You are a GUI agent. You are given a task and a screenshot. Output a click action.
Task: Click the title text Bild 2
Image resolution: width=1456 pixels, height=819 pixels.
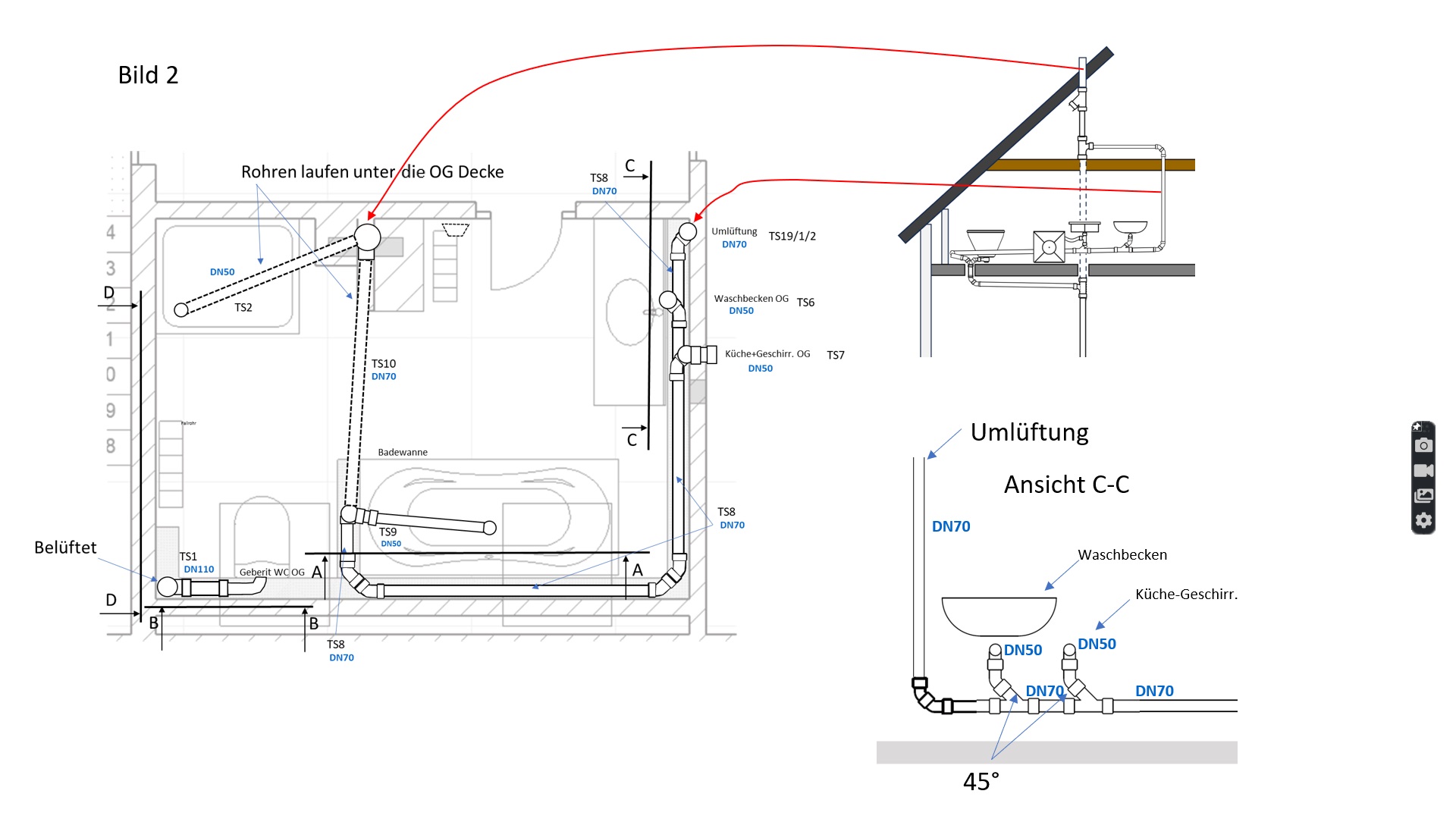pos(148,75)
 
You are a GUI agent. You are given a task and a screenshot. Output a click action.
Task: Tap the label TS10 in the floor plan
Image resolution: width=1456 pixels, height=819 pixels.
pos(384,364)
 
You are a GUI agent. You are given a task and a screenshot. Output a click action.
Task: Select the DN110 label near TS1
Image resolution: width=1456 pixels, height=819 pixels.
pos(199,570)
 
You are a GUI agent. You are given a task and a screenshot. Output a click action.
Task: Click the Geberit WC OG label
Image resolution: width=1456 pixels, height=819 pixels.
pos(271,573)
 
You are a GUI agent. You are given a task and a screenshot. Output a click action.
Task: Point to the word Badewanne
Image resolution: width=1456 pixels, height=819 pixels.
pos(403,453)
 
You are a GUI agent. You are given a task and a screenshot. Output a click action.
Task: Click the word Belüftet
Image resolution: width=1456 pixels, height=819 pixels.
pos(65,548)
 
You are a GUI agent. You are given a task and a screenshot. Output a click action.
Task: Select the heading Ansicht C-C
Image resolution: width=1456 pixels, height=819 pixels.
pos(1066,485)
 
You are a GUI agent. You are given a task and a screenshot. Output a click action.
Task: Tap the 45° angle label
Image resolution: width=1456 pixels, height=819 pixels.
pos(981,782)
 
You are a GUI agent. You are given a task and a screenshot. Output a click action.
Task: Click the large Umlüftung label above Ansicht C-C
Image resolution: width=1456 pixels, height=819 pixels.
pos(1029,432)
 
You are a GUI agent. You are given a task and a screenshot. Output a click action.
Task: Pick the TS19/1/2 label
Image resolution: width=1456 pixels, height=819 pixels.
pos(792,237)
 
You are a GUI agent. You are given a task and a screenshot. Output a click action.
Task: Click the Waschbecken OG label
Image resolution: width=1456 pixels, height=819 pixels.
pos(751,299)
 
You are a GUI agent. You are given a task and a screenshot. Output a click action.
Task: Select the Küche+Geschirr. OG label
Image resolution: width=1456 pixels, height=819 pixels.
pos(767,354)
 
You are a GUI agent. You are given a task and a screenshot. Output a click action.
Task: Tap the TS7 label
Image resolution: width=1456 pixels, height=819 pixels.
pos(836,356)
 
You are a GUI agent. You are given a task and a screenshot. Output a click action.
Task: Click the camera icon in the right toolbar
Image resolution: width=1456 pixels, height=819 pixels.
pos(1423,445)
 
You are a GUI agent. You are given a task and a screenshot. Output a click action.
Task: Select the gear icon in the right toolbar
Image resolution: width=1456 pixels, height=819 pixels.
pos(1423,520)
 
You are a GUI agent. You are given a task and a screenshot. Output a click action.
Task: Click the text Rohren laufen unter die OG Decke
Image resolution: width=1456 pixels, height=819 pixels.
pos(372,172)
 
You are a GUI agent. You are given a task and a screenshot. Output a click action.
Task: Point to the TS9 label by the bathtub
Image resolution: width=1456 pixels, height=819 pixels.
pos(388,532)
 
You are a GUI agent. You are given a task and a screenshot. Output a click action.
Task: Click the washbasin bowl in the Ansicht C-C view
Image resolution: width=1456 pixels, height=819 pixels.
pos(999,615)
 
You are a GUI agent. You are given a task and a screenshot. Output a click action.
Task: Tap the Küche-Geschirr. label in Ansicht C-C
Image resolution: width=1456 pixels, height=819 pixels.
pos(1186,595)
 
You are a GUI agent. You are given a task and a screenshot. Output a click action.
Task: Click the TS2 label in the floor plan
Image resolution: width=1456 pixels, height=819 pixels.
pos(243,308)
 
